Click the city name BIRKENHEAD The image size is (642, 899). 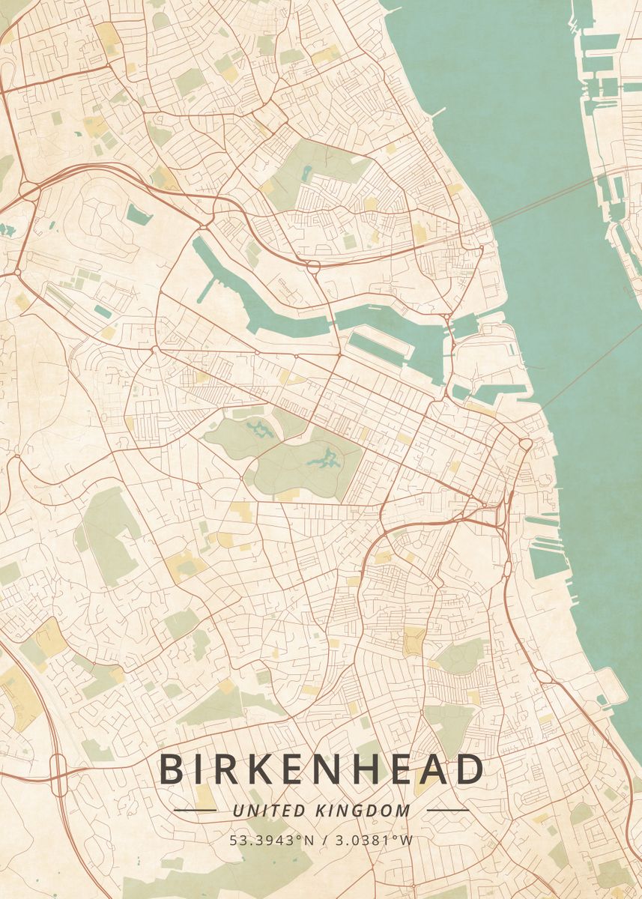coord(321,769)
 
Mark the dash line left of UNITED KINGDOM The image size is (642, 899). coord(195,810)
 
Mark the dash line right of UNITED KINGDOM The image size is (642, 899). coord(447,810)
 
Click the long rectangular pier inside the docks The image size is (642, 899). coord(378,348)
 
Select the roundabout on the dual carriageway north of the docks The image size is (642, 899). coord(312,264)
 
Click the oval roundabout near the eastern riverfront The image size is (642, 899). coord(525,444)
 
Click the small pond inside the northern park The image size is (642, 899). coord(308,172)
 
